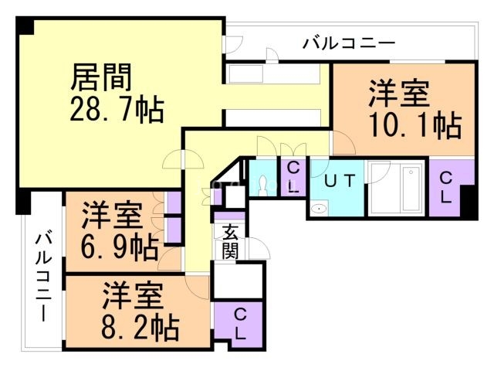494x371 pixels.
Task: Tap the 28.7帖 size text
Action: pos(117,110)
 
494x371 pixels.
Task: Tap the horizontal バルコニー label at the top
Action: pos(348,42)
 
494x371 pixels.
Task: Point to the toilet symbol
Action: pos(265,183)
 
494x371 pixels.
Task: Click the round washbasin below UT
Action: pos(320,209)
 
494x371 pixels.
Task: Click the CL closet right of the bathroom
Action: pos(445,186)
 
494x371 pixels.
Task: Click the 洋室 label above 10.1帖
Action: pos(399,94)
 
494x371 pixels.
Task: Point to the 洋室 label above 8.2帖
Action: pos(133,296)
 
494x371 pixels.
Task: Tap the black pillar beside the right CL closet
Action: pos(468,203)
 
